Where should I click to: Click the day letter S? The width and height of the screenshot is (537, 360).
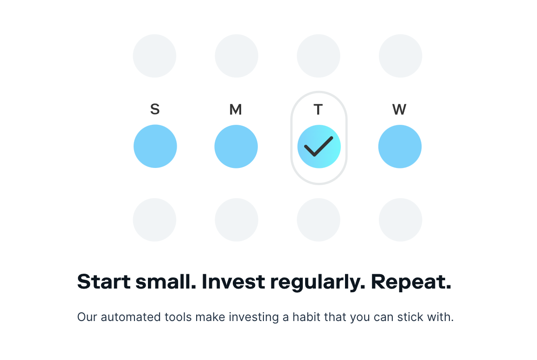point(155,109)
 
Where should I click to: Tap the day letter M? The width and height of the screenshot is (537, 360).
point(236,109)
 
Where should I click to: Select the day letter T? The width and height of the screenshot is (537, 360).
point(318,109)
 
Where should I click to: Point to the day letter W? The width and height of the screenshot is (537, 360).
point(399,109)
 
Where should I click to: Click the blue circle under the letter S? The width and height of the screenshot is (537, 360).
point(155,146)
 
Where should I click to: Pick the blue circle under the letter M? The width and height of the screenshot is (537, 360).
point(236,147)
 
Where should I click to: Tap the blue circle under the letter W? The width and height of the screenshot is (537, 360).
point(400,147)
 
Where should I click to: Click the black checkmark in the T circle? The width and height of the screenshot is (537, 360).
point(319,147)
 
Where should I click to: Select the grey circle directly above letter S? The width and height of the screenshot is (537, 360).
point(154,56)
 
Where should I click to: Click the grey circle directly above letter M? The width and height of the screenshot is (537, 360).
point(237,56)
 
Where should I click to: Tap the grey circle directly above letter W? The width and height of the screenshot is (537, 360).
point(400,56)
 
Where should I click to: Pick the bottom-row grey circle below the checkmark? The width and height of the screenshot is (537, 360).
point(319,220)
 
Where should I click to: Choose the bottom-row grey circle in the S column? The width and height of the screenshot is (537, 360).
point(154,220)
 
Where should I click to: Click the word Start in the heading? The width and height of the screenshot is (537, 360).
point(104,282)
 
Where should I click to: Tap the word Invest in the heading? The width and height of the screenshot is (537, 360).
point(233,282)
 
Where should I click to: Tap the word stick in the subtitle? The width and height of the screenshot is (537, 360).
point(409,317)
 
